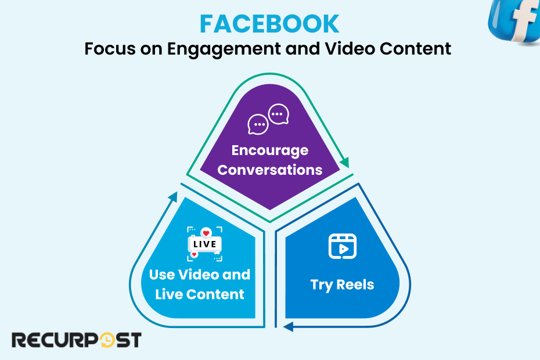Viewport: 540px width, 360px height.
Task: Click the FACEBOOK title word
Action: pos(269,24)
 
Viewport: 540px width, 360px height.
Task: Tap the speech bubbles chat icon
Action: pos(268,118)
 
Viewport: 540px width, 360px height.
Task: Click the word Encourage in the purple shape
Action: pos(269,150)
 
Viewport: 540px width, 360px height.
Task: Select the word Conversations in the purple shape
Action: pos(269,170)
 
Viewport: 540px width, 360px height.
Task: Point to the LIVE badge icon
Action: pos(204,244)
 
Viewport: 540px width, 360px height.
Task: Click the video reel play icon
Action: pos(342,246)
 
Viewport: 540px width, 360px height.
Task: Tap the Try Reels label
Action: pos(342,285)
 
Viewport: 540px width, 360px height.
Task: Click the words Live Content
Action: pos(200,294)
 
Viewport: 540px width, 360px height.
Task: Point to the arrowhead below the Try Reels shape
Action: pos(287,327)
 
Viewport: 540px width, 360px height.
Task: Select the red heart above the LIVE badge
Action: pos(206,233)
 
